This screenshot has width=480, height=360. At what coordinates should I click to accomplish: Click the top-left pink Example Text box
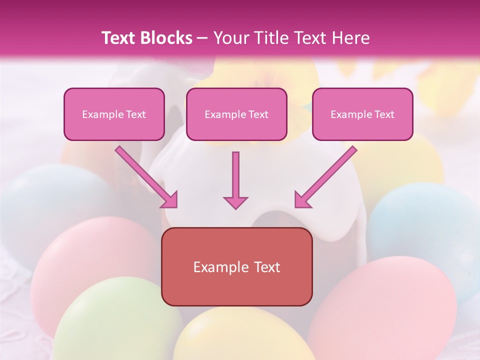click(x=114, y=114)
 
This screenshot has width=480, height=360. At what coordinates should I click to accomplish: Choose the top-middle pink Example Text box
click(x=236, y=114)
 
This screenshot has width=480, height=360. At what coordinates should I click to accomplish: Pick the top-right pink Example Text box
click(x=362, y=114)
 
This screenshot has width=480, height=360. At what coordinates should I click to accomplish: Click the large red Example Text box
click(x=237, y=266)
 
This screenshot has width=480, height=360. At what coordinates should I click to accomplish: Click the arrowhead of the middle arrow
click(x=235, y=202)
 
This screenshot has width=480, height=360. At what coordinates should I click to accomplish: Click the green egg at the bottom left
click(x=115, y=320)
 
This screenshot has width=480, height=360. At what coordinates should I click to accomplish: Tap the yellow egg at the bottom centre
click(x=240, y=335)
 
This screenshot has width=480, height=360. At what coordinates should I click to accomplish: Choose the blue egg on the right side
click(x=425, y=225)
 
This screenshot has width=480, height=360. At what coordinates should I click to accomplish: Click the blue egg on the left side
click(x=45, y=200)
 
